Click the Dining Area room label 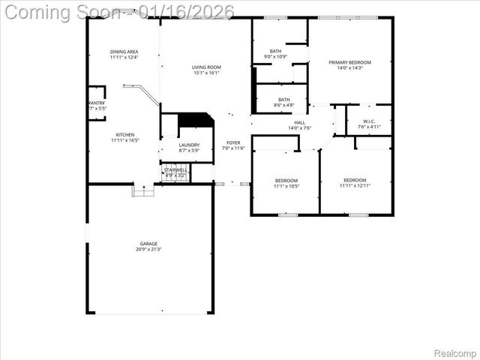tap(124, 52)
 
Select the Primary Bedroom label tap(349, 62)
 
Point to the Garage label tap(148, 244)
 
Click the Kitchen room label tap(125, 135)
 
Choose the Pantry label tap(97, 103)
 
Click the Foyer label tap(233, 142)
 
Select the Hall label tap(299, 122)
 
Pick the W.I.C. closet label tap(369, 121)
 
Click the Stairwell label tap(175, 170)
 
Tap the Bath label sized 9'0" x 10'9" tap(276, 51)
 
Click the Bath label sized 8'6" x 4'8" tap(284, 99)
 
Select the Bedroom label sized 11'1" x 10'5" tap(286, 180)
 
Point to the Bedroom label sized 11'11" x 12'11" tap(355, 180)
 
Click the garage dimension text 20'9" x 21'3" tap(148, 250)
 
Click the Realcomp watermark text tap(455, 352)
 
